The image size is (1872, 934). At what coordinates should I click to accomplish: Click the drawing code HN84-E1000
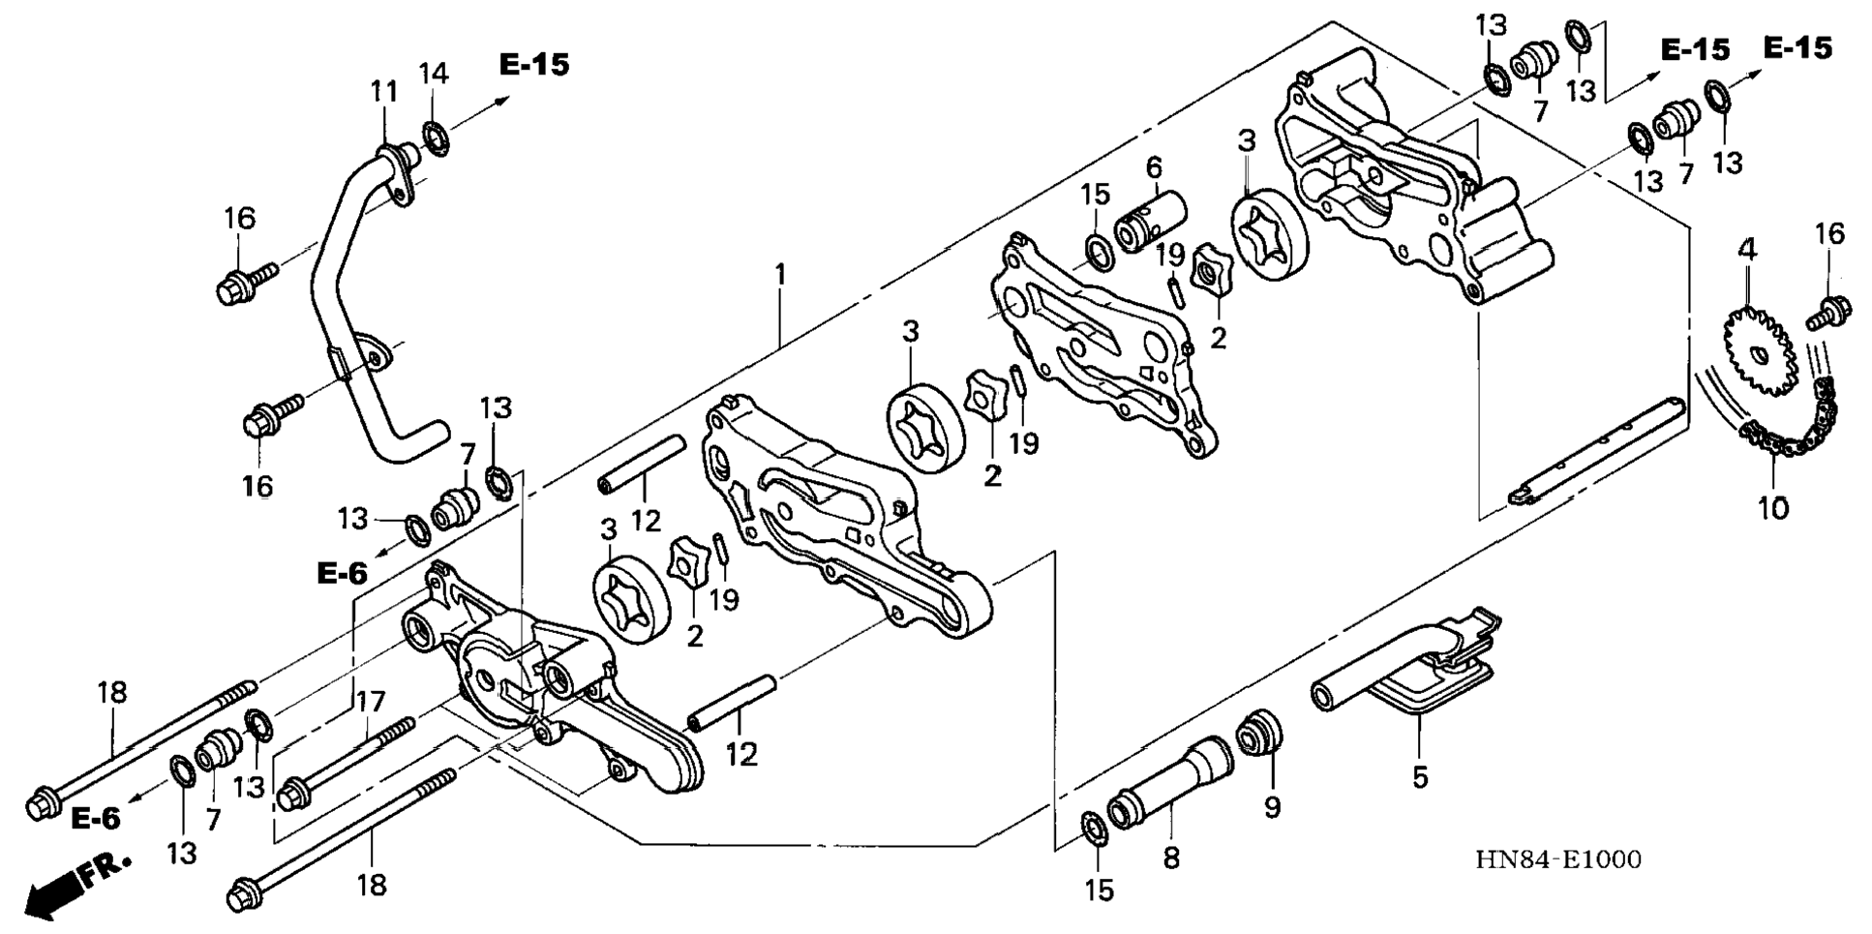pyautogui.click(x=1557, y=859)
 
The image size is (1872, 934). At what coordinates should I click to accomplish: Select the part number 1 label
pyautogui.click(x=779, y=275)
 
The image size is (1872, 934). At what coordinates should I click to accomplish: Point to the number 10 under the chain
pyautogui.click(x=1773, y=507)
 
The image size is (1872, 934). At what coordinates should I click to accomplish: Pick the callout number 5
pyautogui.click(x=1419, y=776)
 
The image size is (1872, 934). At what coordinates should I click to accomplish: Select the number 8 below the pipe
pyautogui.click(x=1171, y=858)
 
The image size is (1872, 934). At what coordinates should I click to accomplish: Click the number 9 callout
pyautogui.click(x=1272, y=805)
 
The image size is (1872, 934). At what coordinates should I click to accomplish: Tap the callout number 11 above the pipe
pyautogui.click(x=384, y=92)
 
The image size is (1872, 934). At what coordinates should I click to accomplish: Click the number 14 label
pyautogui.click(x=434, y=73)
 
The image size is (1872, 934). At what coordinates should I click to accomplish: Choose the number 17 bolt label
pyautogui.click(x=371, y=701)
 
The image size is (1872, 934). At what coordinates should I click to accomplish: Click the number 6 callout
pyautogui.click(x=1154, y=167)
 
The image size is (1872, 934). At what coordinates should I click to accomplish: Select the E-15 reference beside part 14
pyautogui.click(x=534, y=65)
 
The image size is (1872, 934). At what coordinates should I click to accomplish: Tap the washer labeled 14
pyautogui.click(x=436, y=138)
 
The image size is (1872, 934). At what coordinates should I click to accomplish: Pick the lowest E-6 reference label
pyautogui.click(x=96, y=819)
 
